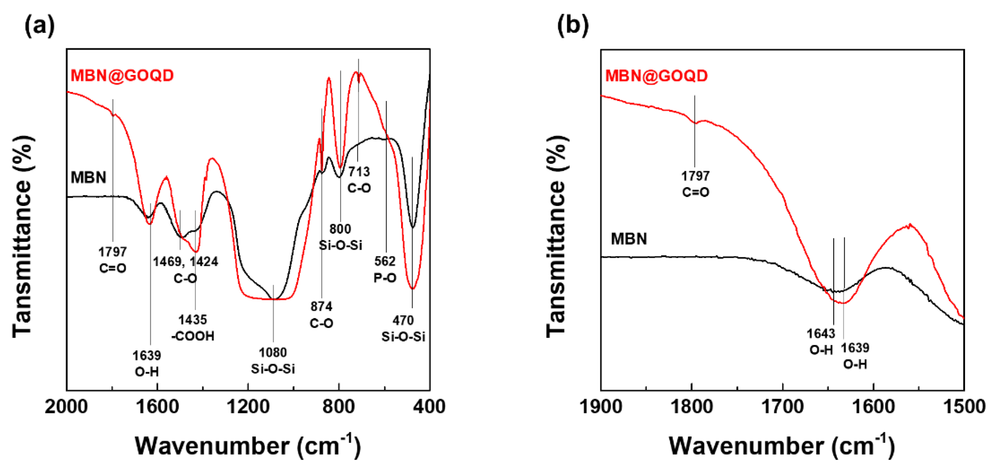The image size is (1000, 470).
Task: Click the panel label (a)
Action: click(x=40, y=26)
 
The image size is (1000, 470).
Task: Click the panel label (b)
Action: click(x=573, y=26)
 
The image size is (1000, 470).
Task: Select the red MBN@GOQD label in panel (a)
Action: click(x=122, y=76)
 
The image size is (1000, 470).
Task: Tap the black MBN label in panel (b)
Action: click(x=628, y=238)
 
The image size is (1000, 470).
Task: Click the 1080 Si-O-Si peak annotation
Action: click(x=273, y=360)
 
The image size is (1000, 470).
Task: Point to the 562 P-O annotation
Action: click(x=385, y=269)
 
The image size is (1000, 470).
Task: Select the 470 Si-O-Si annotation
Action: click(x=403, y=328)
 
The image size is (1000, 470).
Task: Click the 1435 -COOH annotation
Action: click(x=193, y=328)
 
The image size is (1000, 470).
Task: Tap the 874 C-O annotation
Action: click(x=321, y=315)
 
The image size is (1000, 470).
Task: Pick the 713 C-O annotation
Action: click(x=359, y=180)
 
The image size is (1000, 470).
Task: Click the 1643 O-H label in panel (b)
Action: click(x=821, y=341)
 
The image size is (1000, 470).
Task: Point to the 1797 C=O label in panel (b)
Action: click(x=695, y=184)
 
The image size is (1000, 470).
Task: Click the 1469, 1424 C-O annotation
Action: click(x=185, y=270)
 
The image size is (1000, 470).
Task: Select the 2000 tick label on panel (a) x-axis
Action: click(x=66, y=407)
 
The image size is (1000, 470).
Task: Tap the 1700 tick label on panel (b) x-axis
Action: click(x=783, y=407)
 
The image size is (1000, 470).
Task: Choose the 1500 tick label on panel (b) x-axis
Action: click(x=964, y=407)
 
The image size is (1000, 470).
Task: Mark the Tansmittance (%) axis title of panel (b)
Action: click(x=558, y=236)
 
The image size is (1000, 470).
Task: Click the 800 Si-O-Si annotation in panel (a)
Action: click(x=340, y=237)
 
